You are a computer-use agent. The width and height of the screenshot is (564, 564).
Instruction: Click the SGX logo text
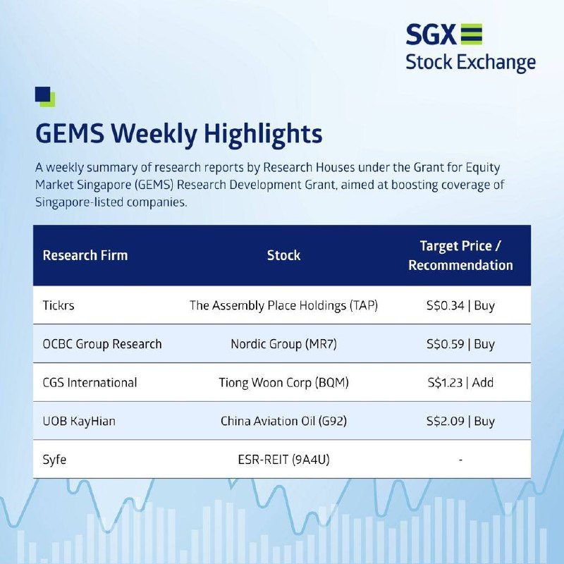431,34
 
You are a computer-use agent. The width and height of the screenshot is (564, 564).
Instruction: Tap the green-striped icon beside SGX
471,34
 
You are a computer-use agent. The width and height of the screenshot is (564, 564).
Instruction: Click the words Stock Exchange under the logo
470,63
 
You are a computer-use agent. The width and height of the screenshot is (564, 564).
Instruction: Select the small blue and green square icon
45,97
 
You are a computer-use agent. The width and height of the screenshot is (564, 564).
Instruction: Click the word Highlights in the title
263,134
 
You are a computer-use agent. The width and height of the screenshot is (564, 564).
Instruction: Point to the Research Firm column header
85,255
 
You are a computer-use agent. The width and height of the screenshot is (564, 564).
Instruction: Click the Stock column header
283,255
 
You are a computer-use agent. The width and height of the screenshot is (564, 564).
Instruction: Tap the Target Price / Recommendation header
460,255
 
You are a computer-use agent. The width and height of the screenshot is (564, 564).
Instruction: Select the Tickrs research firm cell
59,305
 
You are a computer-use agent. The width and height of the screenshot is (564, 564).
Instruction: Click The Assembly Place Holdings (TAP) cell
283,305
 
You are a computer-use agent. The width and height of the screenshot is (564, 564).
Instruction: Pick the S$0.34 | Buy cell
460,305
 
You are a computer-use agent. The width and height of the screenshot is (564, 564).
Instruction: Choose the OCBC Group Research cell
102,344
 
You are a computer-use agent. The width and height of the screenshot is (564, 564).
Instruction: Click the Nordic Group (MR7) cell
283,344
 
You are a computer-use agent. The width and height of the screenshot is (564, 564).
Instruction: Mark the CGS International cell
90,382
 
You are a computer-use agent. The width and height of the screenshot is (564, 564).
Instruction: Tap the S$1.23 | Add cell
460,382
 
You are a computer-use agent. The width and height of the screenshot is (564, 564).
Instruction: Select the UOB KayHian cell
79,421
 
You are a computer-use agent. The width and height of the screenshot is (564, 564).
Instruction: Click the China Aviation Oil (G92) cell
283,421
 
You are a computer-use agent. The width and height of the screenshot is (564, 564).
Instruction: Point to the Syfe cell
54,460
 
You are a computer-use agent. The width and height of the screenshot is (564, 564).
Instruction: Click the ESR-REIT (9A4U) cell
283,460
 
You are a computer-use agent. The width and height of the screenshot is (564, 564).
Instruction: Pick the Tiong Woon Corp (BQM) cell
283,382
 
